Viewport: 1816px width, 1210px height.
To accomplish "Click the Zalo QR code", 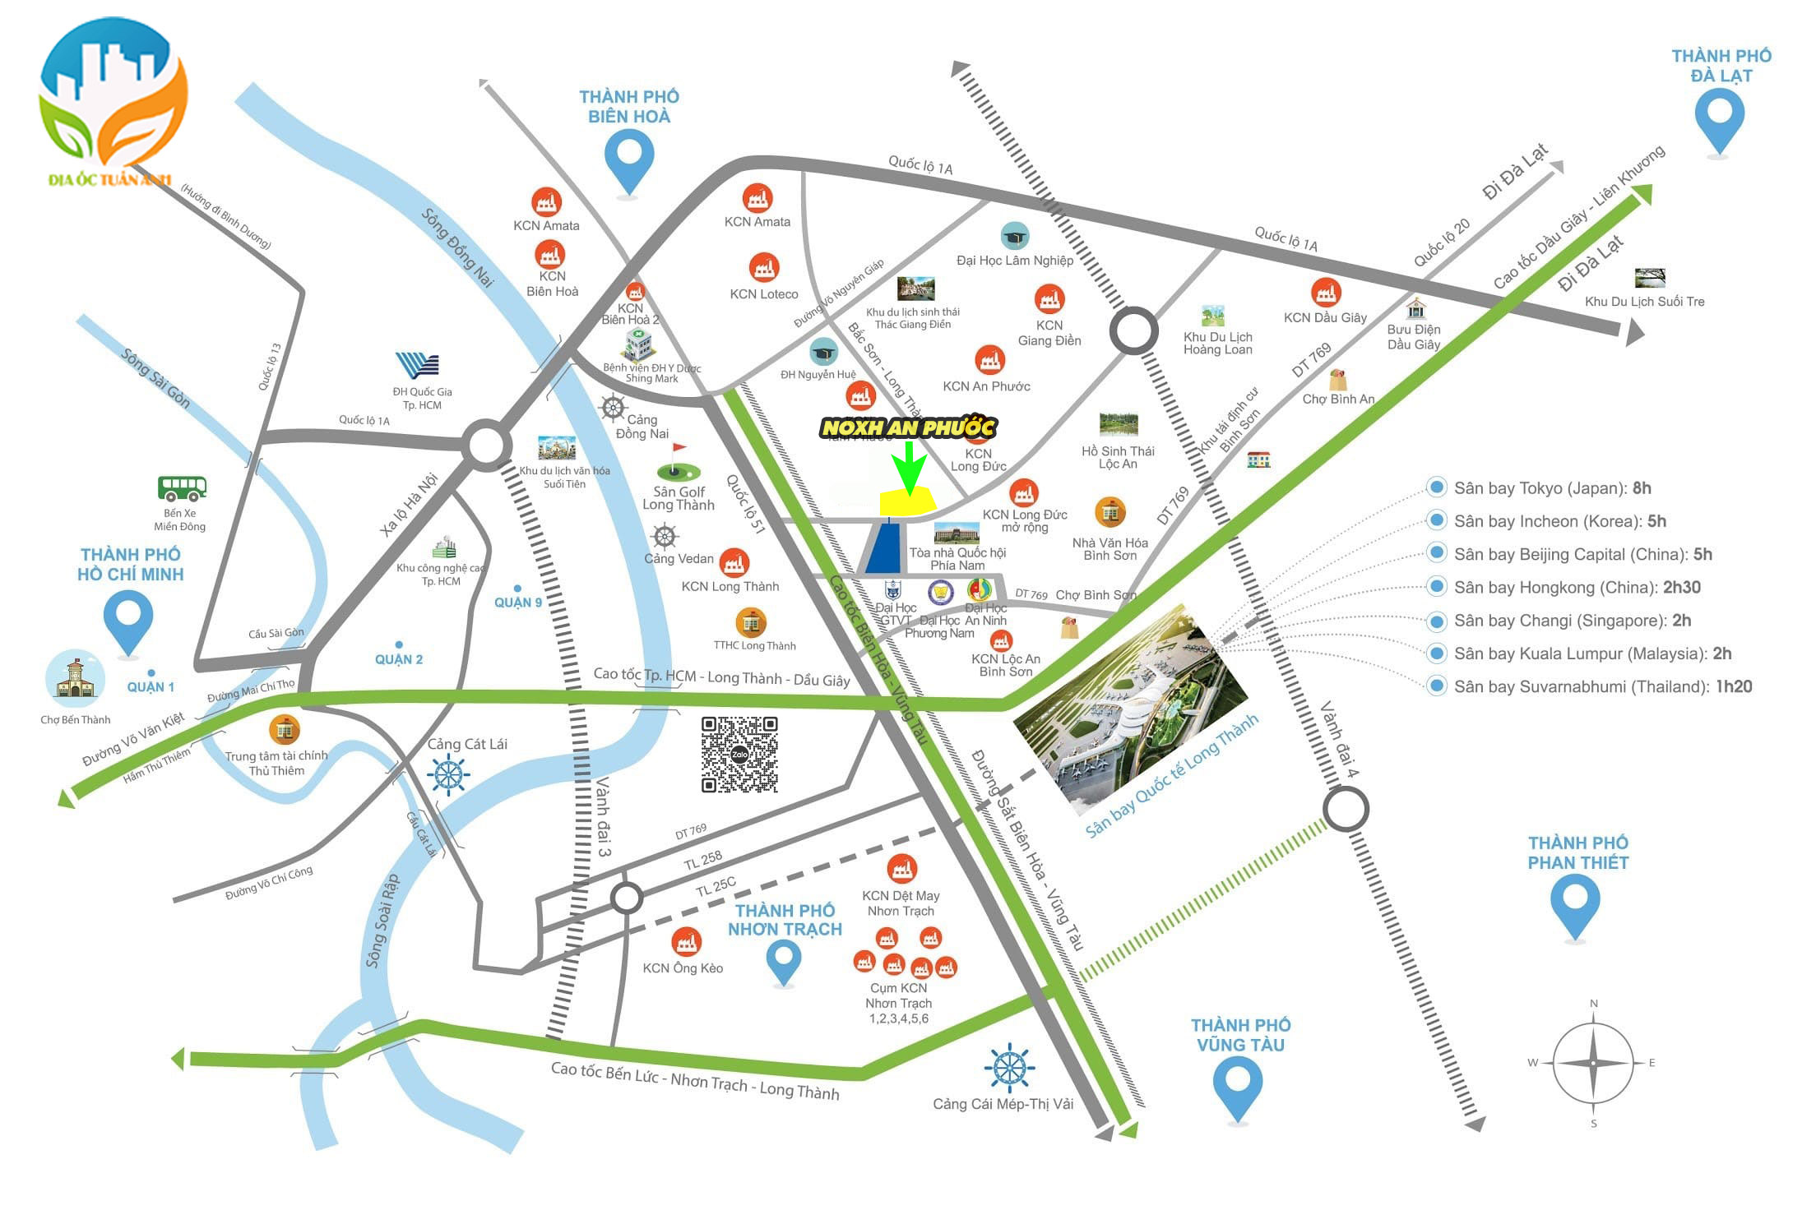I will (739, 755).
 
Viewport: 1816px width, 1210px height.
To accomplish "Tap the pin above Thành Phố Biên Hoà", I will (629, 159).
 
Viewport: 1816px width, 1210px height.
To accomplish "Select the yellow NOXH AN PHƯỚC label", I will (908, 427).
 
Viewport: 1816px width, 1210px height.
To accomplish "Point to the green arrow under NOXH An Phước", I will (909, 469).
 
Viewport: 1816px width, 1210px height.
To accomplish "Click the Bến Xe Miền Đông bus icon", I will (182, 488).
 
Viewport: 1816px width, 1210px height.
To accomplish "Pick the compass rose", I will (1593, 1063).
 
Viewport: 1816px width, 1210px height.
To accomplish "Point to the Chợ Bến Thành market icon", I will (76, 679).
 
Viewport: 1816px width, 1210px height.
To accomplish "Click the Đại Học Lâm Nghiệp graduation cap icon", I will (1015, 237).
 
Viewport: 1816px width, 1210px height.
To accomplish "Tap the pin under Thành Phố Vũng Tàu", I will (1238, 1085).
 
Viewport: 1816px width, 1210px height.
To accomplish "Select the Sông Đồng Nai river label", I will (458, 247).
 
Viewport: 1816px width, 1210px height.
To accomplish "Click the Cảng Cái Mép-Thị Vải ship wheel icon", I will (1008, 1068).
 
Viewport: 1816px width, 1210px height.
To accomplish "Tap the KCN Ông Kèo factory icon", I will (685, 942).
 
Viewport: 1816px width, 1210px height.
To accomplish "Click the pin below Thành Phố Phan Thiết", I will (1574, 903).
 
